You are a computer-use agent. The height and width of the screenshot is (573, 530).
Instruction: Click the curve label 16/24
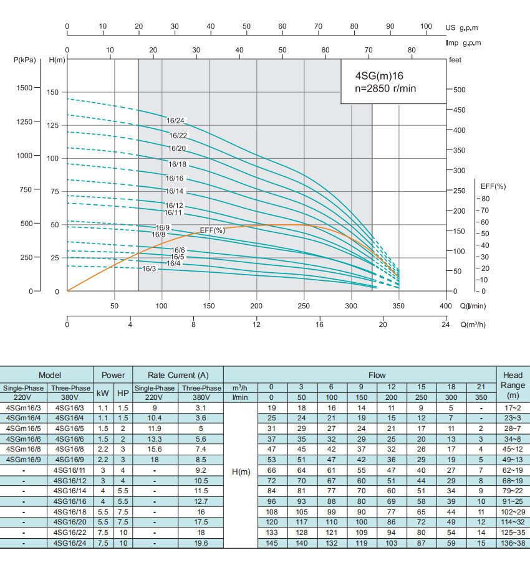tap(176, 120)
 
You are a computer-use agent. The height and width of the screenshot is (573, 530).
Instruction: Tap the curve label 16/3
tap(149, 268)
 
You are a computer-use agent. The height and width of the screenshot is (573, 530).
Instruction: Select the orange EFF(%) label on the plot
tap(212, 230)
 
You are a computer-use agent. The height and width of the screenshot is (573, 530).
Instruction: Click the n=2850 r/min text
tap(385, 88)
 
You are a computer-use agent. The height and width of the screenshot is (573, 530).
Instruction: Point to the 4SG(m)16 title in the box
tap(379, 75)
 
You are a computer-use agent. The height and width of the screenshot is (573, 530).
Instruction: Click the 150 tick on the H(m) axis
tap(53, 92)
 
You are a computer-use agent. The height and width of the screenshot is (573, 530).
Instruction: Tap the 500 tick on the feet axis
tap(459, 89)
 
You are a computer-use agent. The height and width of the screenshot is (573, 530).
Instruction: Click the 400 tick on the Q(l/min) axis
tap(445, 306)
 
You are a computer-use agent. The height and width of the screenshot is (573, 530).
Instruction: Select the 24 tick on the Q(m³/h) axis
tap(445, 324)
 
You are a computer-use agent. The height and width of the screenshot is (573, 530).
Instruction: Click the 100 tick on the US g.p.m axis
tap(426, 26)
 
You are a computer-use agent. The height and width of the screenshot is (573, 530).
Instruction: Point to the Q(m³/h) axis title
tap(473, 324)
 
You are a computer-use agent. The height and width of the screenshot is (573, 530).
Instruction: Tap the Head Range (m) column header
tap(513, 385)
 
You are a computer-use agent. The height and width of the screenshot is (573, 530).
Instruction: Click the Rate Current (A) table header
tap(178, 375)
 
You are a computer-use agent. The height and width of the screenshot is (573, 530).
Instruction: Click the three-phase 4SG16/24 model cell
tap(69, 544)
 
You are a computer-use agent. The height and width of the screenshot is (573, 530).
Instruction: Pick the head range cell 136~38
tap(513, 544)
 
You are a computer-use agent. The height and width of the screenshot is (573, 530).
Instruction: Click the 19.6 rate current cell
tap(201, 544)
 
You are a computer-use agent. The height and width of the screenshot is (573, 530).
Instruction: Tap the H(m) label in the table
tap(241, 471)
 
